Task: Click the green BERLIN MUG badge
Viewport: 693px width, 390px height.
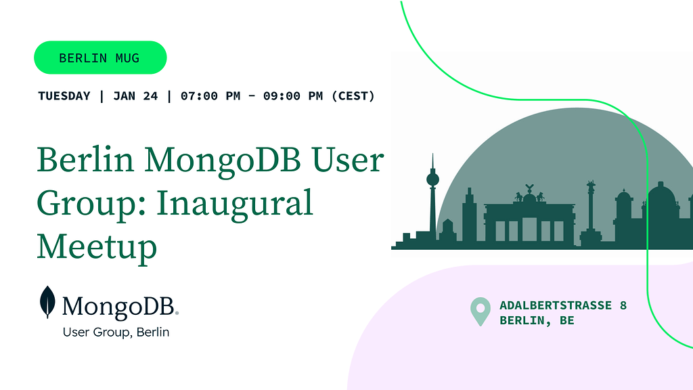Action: (100, 58)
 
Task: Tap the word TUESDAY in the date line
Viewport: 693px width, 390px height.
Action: (64, 96)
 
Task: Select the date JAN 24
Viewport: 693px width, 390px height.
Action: (135, 96)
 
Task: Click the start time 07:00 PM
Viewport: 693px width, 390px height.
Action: (210, 96)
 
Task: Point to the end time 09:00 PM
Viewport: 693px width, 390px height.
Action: (293, 96)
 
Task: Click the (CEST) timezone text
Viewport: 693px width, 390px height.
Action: (353, 96)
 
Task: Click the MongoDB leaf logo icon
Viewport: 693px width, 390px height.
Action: (47, 302)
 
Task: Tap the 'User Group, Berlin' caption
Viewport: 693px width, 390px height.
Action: (116, 332)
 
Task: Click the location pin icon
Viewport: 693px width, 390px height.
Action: (480, 311)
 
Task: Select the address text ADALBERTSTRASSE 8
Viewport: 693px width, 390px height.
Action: (563, 305)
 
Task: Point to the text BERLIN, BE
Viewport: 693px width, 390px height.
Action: (537, 320)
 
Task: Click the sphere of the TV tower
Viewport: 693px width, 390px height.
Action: (432, 179)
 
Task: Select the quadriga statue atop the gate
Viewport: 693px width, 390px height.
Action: (529, 194)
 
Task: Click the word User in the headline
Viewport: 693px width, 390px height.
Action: (348, 160)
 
